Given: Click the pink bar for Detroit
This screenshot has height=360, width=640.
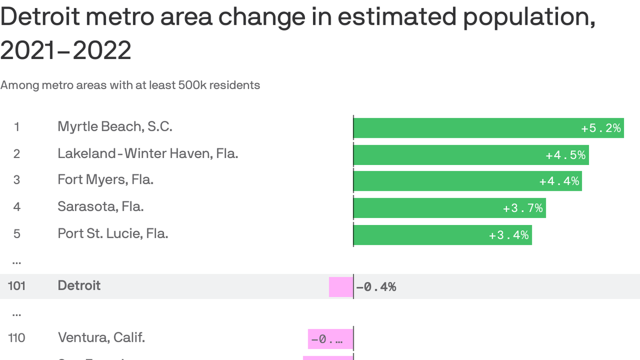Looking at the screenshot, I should coord(341,287).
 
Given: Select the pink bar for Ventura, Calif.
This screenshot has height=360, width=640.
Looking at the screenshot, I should coord(330,338).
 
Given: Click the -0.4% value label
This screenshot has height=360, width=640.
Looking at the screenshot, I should coord(376,287).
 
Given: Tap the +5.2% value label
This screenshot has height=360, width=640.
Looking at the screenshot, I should coord(601,128).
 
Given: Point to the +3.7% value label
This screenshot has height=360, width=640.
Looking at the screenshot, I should coord(522,208).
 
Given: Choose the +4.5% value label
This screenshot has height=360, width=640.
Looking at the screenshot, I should coord(566,155).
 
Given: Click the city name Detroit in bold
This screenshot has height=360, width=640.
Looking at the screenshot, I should coord(79,285).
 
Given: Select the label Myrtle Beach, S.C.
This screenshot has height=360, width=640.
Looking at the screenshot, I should coord(115,127).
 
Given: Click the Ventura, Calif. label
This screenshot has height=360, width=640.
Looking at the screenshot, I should coord(101,337).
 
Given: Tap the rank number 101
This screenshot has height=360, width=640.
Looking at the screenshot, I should coord(16,285).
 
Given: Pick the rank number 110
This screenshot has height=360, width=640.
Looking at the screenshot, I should coord(16,337).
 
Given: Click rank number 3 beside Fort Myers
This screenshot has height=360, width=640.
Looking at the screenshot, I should coord(17,180).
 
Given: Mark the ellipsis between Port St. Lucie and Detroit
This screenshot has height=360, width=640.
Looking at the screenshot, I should coord(17,261).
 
